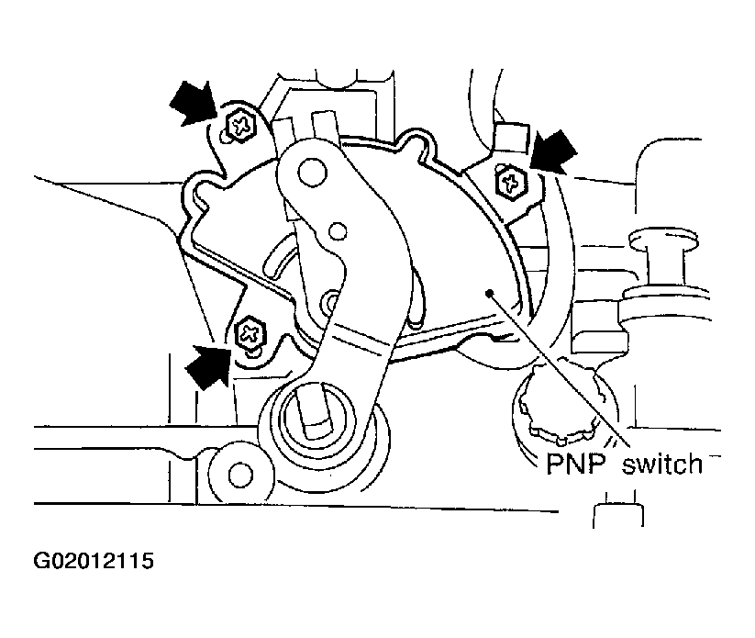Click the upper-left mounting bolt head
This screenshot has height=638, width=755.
[x=240, y=127]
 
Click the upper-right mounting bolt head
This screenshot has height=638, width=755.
[x=510, y=182]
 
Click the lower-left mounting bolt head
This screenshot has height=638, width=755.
[x=250, y=333]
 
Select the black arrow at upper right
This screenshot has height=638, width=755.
[x=554, y=151]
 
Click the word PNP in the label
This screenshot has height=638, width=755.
[x=575, y=464]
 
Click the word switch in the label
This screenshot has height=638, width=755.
[x=662, y=464]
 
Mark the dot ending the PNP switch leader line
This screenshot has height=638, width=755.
[x=489, y=293]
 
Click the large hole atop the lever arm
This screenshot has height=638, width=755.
[x=313, y=173]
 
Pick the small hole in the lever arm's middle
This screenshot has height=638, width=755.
[x=338, y=231]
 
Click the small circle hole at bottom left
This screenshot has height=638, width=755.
[x=240, y=475]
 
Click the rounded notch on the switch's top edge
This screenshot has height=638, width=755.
[x=415, y=142]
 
